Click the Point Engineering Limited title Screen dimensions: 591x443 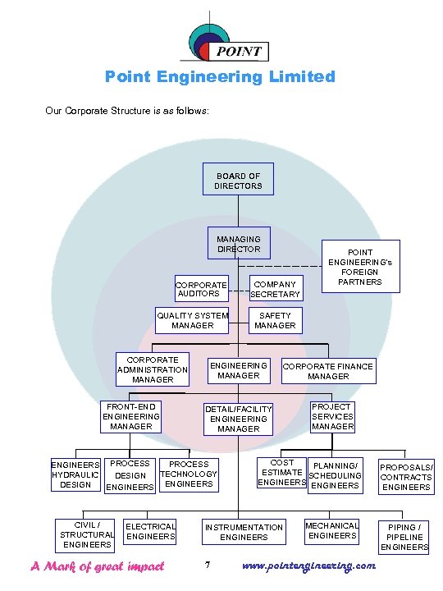pyautogui.click(x=220, y=76)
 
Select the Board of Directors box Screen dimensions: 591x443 pyautogui.click(x=238, y=181)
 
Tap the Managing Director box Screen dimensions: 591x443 pyautogui.click(x=238, y=244)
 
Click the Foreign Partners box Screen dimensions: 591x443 pyautogui.click(x=360, y=267)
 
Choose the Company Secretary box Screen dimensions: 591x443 pyautogui.click(x=276, y=289)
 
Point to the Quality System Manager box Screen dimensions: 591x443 pyautogui.click(x=192, y=320)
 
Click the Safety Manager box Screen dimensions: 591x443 pyautogui.click(x=275, y=320)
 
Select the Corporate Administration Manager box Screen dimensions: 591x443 pyautogui.click(x=153, y=369)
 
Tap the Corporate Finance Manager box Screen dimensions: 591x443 pyautogui.click(x=328, y=371)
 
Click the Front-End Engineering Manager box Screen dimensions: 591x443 pyautogui.click(x=131, y=416)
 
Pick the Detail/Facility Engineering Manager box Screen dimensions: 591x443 pyautogui.click(x=238, y=419)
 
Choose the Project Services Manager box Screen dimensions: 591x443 pyautogui.click(x=332, y=416)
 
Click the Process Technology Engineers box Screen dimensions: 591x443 pyautogui.click(x=189, y=474)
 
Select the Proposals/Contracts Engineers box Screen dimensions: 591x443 pyautogui.click(x=406, y=477)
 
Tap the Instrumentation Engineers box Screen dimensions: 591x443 pyautogui.click(x=244, y=532)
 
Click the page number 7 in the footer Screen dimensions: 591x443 pyautogui.click(x=208, y=566)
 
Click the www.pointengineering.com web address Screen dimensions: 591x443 pyautogui.click(x=310, y=566)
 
